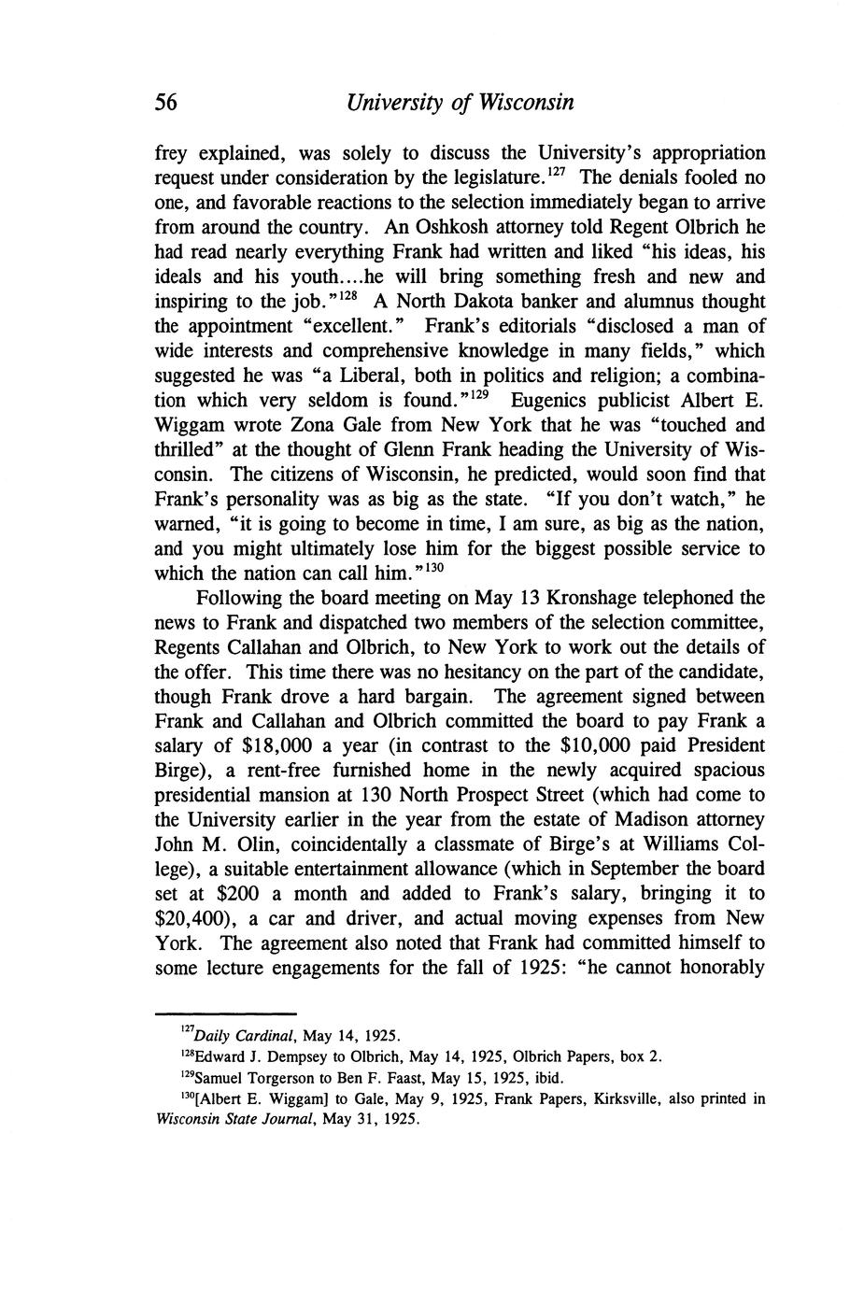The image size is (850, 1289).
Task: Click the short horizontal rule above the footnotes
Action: point(224,1013)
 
